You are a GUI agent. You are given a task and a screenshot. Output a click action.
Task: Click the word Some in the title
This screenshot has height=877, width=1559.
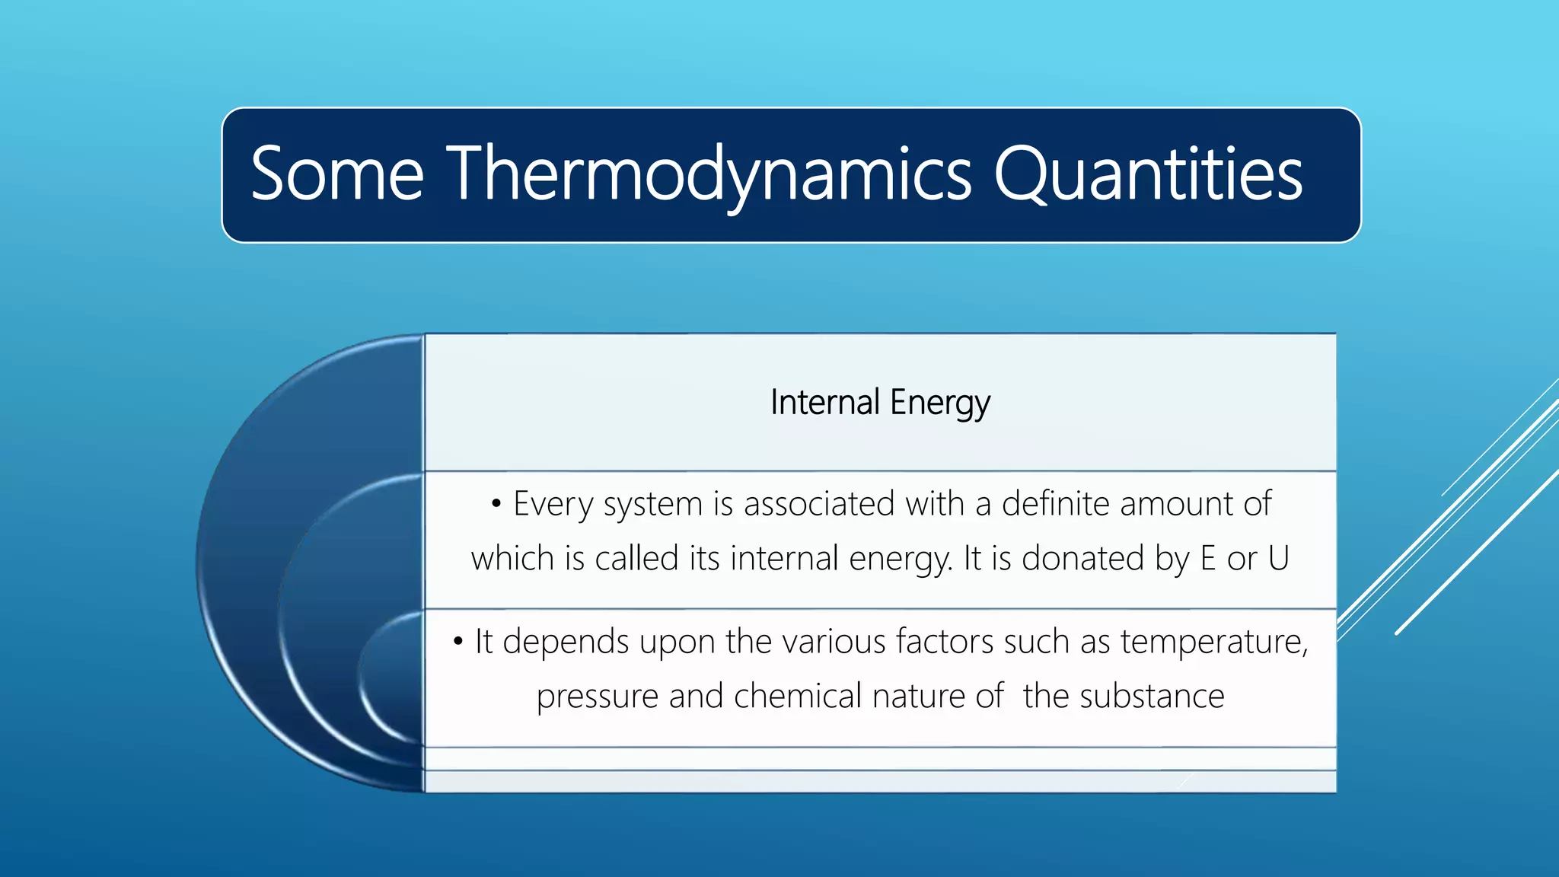click(337, 174)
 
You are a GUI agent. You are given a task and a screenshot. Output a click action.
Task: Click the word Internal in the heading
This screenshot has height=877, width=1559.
click(824, 402)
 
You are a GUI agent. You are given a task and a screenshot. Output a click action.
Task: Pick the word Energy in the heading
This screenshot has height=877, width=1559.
click(940, 402)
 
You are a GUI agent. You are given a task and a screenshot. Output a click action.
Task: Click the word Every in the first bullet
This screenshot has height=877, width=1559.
click(553, 504)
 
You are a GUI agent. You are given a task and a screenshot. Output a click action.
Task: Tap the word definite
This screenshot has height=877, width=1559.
click(1056, 504)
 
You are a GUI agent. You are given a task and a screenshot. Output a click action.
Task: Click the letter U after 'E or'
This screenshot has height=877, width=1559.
click(1278, 558)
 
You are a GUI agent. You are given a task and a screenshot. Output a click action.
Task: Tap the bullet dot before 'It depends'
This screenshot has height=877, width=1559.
click(457, 642)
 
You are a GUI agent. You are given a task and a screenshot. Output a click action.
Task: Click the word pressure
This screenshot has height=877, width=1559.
click(598, 697)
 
